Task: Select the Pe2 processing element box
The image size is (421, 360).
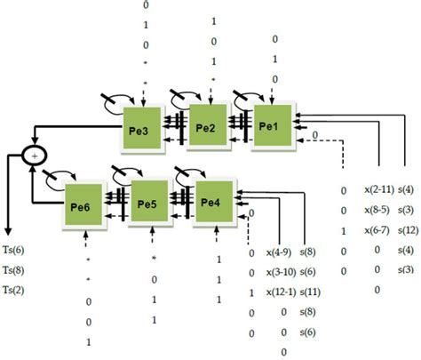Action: [x=206, y=123]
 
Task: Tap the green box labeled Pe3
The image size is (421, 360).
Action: [x=142, y=128]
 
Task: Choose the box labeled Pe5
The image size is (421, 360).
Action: [x=148, y=203]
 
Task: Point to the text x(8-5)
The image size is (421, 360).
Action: [x=377, y=210]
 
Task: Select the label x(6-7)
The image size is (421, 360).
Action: [x=377, y=229]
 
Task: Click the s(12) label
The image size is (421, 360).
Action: [x=409, y=229]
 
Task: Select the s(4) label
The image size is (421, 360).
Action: [x=409, y=189]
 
